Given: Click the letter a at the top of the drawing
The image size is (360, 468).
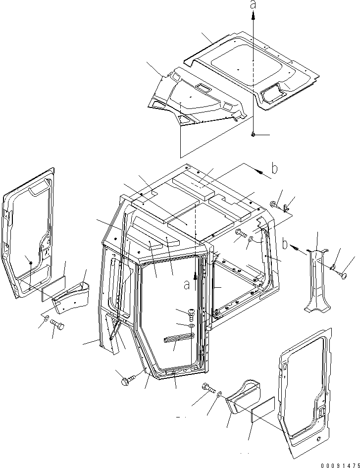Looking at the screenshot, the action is point(253,5).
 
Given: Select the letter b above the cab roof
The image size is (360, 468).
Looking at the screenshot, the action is point(274,168).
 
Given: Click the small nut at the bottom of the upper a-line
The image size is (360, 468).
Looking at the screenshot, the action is point(253,134).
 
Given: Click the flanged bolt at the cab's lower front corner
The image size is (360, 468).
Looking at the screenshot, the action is point(125,381).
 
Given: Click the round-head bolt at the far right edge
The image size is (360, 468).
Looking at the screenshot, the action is point(342,273).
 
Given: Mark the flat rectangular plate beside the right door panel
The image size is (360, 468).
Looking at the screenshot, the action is point(260,410).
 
